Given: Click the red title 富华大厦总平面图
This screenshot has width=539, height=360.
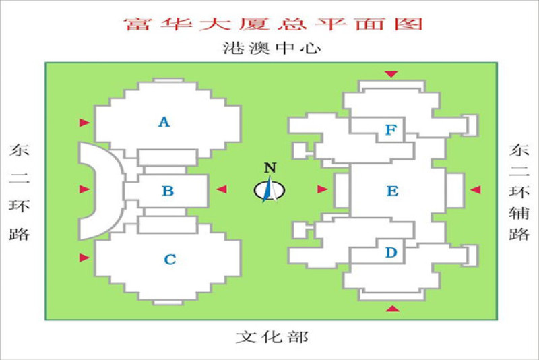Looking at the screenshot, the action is click(274, 24).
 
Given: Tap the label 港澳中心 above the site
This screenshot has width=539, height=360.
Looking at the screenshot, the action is click(272, 48).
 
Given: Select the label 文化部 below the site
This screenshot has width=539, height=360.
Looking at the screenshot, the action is click(272, 337).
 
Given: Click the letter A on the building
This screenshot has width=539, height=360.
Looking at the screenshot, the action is click(164, 122).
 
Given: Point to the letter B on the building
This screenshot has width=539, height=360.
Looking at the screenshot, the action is click(168, 191).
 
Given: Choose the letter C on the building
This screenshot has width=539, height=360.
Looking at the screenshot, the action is click(170, 260).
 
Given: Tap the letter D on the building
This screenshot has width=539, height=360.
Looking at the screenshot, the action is click(391, 252).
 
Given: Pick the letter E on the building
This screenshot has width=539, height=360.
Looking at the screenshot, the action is click(392, 191).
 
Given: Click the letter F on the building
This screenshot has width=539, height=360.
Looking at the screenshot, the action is click(391, 130).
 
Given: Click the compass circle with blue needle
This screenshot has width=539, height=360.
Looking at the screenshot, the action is click(269, 190).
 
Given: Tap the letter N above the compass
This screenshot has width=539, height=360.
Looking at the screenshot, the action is click(270, 168).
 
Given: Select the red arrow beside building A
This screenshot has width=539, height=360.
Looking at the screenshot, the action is click(84, 123).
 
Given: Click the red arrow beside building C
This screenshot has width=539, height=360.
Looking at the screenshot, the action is click(84, 258).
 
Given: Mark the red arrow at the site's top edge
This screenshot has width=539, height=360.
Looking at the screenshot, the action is click(391, 74).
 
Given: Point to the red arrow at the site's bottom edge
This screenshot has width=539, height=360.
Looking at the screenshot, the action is click(392, 308).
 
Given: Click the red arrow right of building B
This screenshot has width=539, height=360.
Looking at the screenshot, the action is click(222, 189).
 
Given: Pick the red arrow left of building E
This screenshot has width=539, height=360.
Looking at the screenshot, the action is click(322, 189).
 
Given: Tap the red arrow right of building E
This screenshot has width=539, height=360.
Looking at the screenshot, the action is click(476, 189).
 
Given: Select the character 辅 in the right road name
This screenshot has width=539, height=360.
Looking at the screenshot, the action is click(519, 213).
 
